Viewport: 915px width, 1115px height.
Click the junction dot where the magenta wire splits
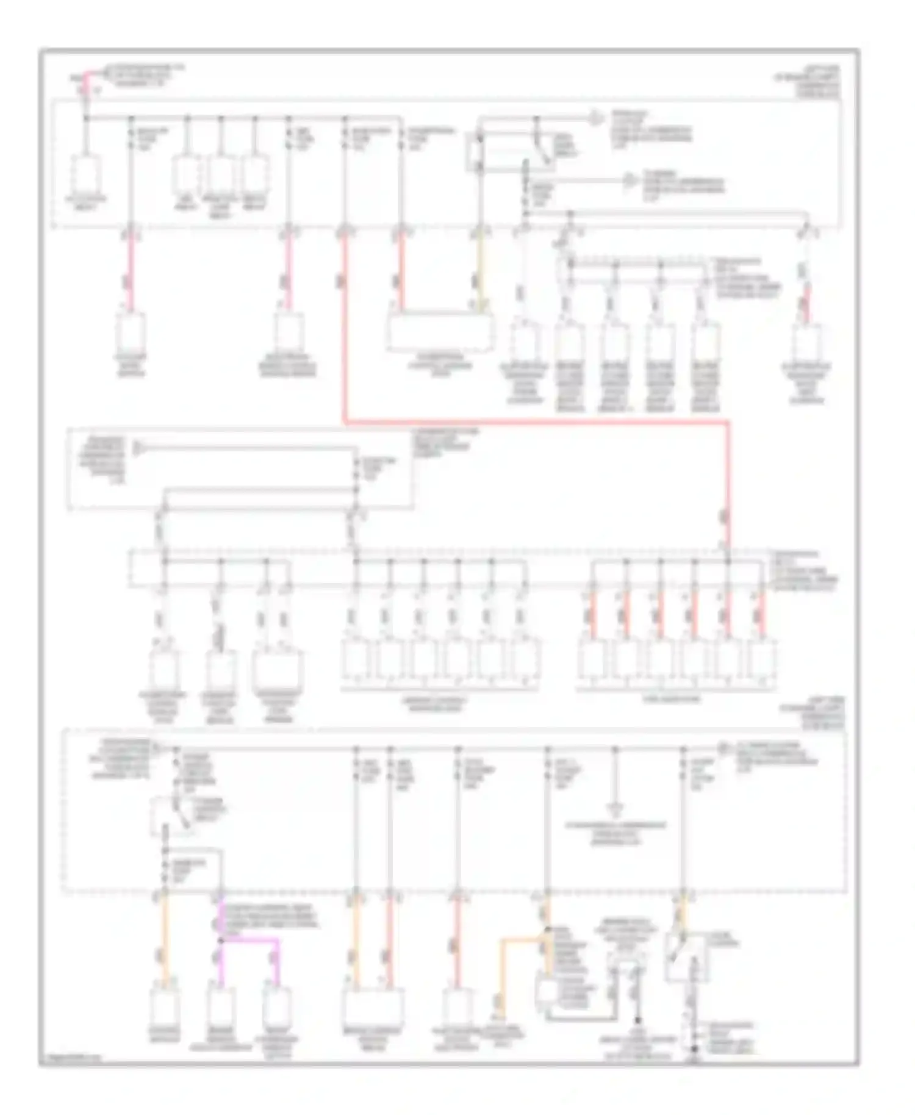(221, 941)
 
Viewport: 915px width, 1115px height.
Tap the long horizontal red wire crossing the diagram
(537, 421)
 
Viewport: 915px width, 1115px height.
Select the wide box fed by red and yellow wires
(440, 334)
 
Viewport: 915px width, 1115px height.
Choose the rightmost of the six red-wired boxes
(762, 662)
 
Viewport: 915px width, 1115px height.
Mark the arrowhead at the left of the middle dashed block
(138, 448)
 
